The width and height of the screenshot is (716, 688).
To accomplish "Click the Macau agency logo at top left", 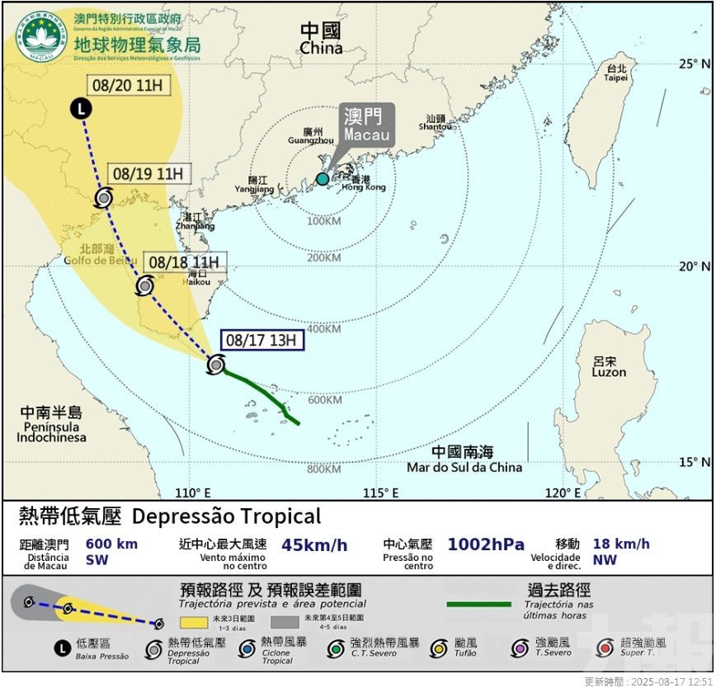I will coord(41,36).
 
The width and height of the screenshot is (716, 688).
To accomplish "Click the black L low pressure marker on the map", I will coord(80,107).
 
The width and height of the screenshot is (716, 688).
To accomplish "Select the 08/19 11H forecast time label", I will coord(148,174).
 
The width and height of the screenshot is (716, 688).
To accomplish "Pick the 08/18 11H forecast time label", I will coord(185,262).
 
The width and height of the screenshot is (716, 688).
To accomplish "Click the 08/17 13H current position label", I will coord(263,340).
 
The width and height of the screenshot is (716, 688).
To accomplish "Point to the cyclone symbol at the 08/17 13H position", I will coord(216,364).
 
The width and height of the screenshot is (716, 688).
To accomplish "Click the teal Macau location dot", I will coord(322,179).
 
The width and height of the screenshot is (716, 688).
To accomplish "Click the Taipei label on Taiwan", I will coord(615,73).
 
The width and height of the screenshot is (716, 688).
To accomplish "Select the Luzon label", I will coord(609,367).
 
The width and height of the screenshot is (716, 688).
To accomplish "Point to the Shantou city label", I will coord(436,122).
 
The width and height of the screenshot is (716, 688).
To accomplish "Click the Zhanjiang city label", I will coord(195,221).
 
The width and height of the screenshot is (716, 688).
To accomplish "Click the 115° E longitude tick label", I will coord(380,492).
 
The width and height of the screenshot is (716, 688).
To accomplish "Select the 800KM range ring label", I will coord(323,469).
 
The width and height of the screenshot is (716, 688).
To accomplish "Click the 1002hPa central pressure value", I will coord(486,544).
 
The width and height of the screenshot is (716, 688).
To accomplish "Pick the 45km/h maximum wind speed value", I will coord(314,544).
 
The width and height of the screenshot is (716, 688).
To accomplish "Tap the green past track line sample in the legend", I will coord(478,605).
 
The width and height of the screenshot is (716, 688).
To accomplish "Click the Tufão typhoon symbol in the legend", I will coord(440,648).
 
